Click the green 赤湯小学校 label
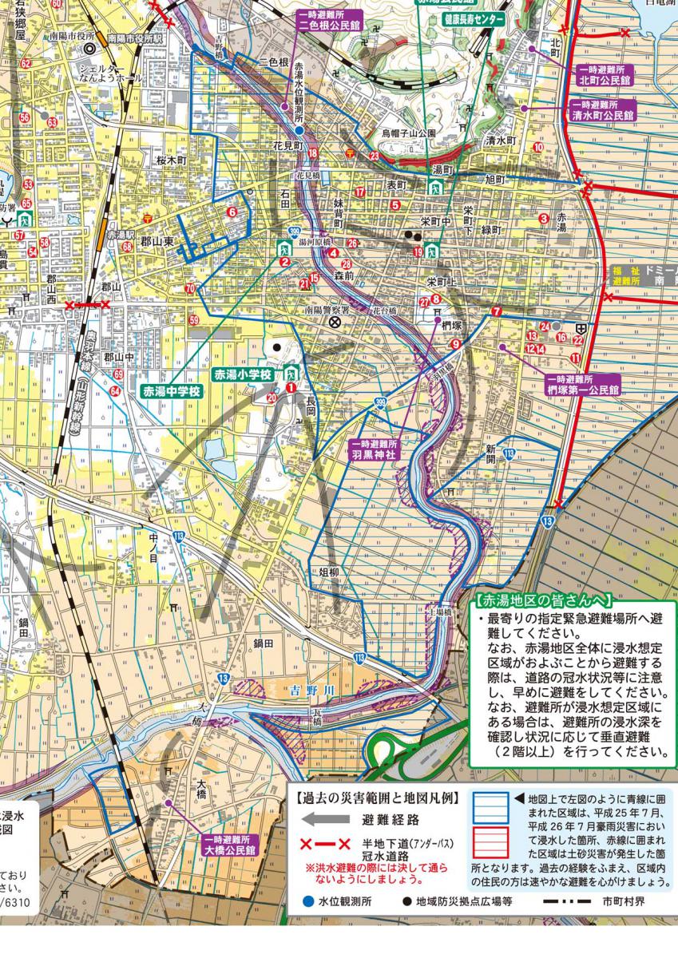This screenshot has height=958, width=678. tap(243, 374)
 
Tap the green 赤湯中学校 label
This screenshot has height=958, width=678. tap(172, 392)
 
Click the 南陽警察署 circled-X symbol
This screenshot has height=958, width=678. tap(335, 321)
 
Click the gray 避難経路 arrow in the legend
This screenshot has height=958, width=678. tap(326, 819)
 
